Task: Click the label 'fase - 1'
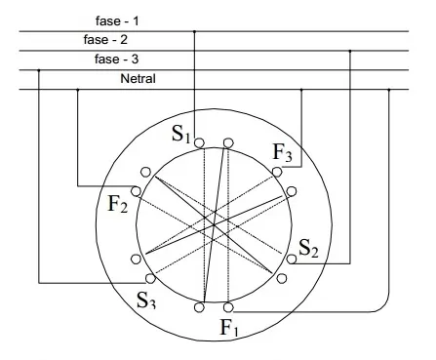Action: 117,20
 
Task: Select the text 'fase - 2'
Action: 105,40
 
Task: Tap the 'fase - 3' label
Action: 116,60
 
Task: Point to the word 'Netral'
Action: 138,78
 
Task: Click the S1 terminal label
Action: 180,134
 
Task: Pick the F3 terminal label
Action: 282,152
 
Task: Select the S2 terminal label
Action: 308,248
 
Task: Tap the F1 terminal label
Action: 229,328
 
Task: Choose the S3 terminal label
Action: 146,300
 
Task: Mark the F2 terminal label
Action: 118,204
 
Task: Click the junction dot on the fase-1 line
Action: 194,31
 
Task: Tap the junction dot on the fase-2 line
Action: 350,51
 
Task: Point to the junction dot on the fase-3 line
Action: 39,70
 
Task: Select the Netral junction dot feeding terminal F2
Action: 77,89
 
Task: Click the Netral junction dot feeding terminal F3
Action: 301,89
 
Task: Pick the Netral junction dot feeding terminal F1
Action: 389,89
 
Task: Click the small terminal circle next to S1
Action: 199,142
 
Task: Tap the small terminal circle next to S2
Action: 292,260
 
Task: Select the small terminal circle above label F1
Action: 228,307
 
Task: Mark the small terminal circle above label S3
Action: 150,278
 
